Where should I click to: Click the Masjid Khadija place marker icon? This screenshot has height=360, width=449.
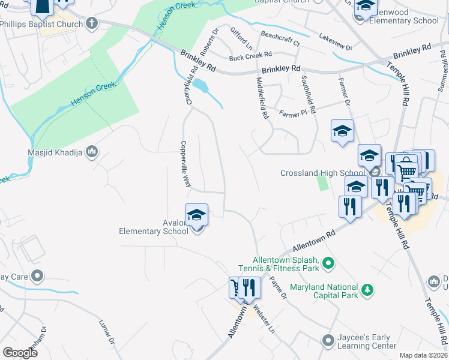[92, 152]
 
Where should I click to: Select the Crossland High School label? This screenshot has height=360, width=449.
[322, 173]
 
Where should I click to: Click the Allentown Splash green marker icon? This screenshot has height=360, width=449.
[328, 263]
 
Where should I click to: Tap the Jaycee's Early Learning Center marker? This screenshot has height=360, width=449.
[328, 341]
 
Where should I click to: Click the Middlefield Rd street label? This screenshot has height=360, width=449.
[262, 98]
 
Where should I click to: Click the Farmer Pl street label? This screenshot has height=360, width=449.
[293, 112]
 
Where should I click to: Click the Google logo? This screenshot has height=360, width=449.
[20, 353]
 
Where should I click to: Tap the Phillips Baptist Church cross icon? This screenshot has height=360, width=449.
[92, 24]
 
